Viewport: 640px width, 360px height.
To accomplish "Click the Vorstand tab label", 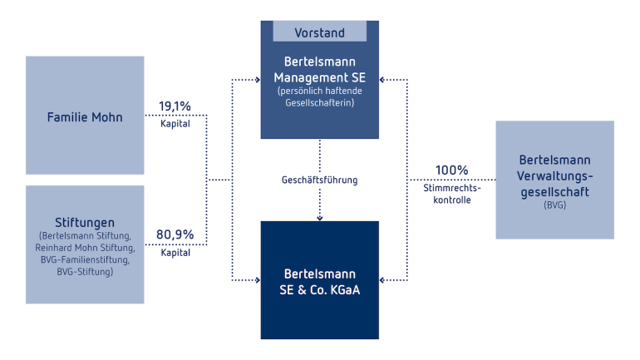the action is coord(320,32).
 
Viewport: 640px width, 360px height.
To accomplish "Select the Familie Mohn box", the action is coord(85,115).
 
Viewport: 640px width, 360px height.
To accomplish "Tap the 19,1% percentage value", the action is coord(175,106).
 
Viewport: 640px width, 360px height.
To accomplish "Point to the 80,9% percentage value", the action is coord(175,234).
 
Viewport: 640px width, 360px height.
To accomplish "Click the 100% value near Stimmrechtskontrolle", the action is coord(452,170).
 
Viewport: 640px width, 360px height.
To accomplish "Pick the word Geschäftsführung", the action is coord(320,180).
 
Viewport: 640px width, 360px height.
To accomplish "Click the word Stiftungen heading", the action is coord(85,223).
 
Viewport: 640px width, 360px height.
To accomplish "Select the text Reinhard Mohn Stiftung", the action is coord(85,248).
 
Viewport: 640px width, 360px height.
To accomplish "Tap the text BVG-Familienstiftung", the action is coord(85,259).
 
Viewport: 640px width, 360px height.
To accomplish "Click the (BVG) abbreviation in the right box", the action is coord(554,205).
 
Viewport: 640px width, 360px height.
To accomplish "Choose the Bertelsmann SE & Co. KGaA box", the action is coord(320,280).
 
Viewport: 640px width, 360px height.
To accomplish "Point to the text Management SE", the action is coord(320,77).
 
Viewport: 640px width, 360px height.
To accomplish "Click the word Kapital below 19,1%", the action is coord(175,124).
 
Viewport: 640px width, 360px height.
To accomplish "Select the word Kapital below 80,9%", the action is coord(175,253).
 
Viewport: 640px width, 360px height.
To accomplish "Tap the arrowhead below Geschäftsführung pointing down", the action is coord(320,219).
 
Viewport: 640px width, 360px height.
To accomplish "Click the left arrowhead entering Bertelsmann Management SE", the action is coord(258,80).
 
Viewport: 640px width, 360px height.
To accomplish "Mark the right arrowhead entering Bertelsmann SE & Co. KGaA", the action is coord(382,280).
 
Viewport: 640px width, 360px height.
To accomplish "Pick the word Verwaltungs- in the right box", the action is coord(554,176).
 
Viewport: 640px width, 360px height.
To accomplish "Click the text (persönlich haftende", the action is coord(320,91).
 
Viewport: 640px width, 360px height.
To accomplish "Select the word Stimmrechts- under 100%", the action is coord(452,188).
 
